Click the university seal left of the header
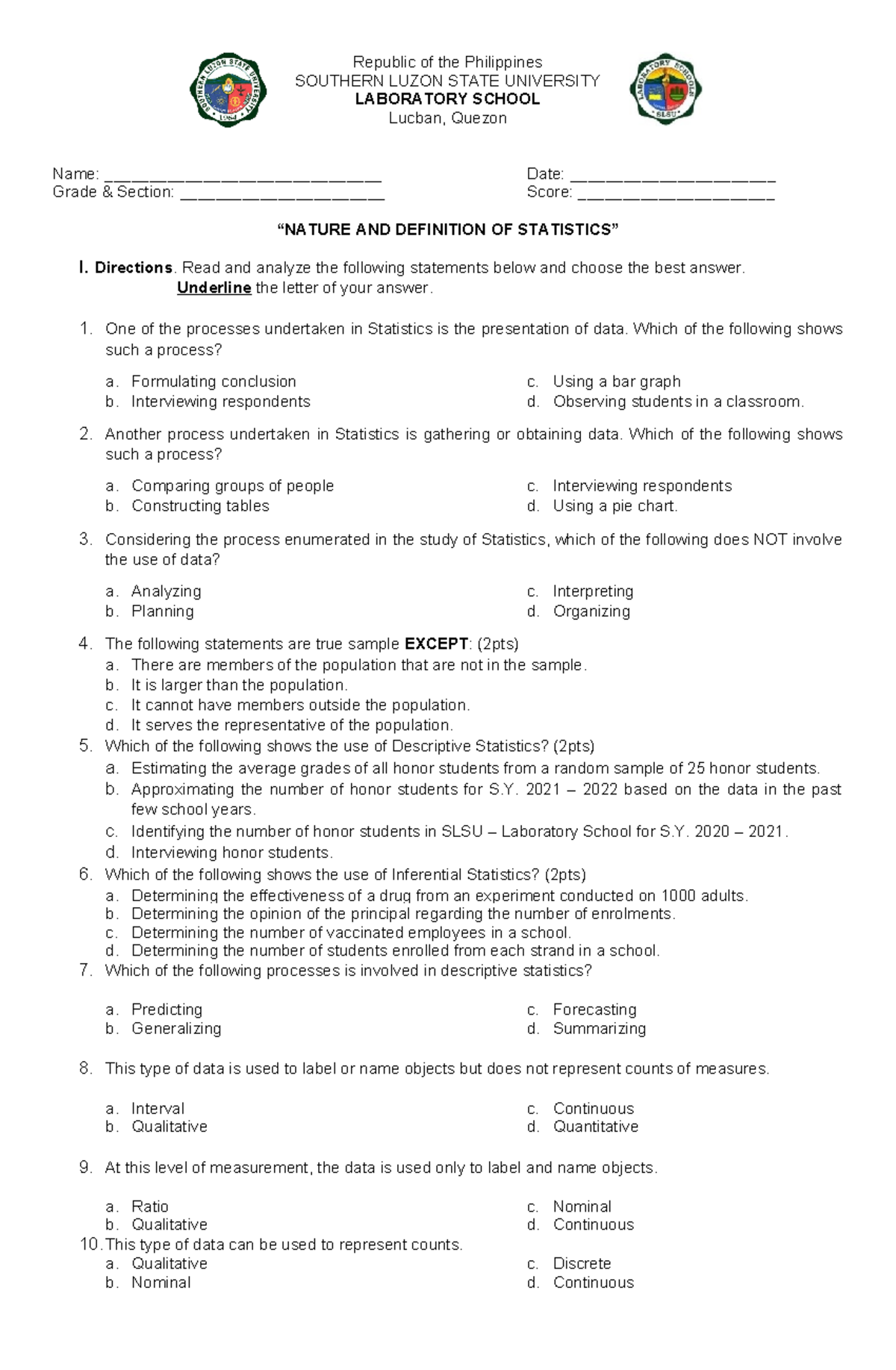point(228,90)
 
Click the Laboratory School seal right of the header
point(665,90)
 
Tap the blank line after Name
point(243,178)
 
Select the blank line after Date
point(673,178)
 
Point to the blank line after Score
point(676,196)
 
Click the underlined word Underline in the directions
point(214,288)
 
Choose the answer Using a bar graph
point(616,382)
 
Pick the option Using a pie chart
point(615,506)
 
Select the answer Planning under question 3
point(162,611)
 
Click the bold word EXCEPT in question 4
point(436,644)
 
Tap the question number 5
point(85,746)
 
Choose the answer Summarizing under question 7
point(599,1029)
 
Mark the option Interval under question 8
point(158,1109)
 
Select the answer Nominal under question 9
point(582,1206)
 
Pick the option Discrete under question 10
point(582,1264)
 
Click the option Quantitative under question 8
point(595,1127)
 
